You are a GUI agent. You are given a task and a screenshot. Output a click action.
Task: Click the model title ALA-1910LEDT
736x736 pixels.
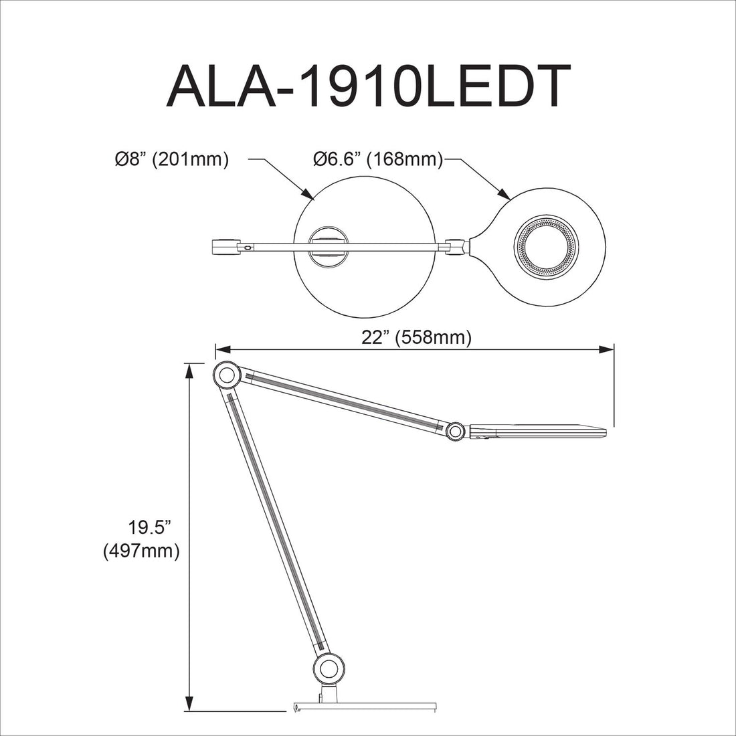[368, 87]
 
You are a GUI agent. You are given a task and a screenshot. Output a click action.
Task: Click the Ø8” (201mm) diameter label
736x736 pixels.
[172, 159]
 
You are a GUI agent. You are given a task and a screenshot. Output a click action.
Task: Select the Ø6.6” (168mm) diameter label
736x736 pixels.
[378, 159]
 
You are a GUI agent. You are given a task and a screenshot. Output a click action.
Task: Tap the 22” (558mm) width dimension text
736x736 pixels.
[416, 338]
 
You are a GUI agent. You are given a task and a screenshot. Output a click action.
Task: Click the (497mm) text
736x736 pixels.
[141, 551]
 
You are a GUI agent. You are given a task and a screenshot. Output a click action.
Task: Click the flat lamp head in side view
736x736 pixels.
[539, 428]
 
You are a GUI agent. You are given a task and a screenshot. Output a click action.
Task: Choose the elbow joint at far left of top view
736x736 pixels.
[225, 246]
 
